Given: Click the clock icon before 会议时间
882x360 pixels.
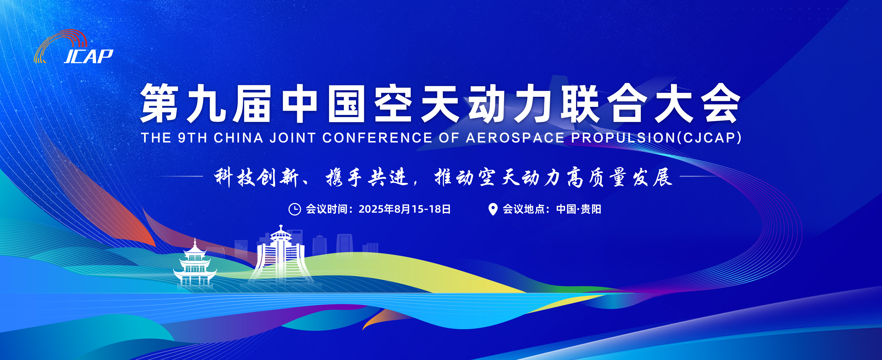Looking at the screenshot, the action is click(x=295, y=209).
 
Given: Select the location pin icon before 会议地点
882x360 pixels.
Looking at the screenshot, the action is click(x=493, y=209).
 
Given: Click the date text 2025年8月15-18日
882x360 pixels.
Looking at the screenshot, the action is click(x=405, y=209).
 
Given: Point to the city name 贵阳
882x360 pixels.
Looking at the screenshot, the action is click(x=591, y=209).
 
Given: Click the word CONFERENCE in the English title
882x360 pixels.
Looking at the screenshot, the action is click(x=377, y=138).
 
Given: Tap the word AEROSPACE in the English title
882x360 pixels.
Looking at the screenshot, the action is click(x=515, y=138).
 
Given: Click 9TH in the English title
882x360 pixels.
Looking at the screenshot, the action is click(x=192, y=138).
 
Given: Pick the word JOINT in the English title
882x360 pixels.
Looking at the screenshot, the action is click(x=293, y=138).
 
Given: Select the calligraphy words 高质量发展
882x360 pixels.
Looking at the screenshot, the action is click(x=620, y=177).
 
